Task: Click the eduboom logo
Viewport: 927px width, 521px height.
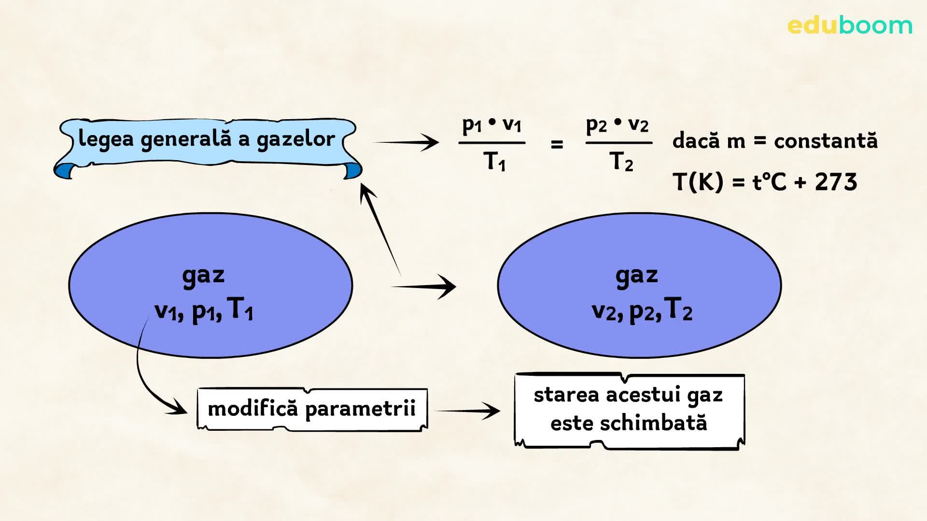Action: coord(849,26)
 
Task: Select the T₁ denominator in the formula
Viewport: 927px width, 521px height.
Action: coord(494,161)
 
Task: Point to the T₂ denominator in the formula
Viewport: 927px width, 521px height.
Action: coord(621,161)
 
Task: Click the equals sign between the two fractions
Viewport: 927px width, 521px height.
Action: coord(557,144)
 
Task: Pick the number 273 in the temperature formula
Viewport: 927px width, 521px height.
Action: coord(836,182)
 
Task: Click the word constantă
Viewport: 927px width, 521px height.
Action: coord(826,140)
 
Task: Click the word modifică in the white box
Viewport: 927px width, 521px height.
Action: coord(252,409)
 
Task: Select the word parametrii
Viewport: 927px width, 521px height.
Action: coord(360,409)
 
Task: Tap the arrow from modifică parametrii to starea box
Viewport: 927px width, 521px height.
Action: coord(468,411)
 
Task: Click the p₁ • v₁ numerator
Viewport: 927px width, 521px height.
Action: coord(492,125)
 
